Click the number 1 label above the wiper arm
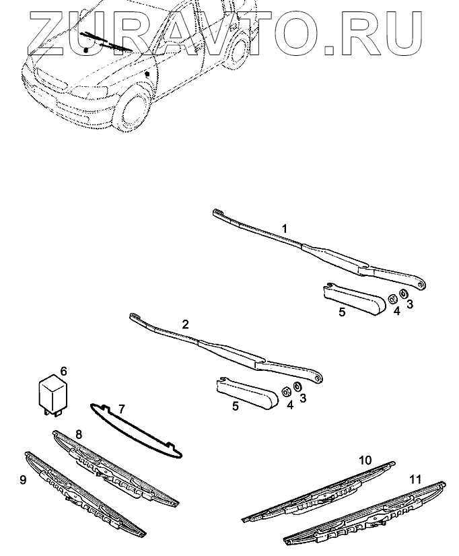(x=285, y=230)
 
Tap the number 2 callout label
(x=186, y=324)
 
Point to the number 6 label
(x=64, y=371)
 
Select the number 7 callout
(x=121, y=409)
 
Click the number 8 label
(x=79, y=434)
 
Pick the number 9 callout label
(x=24, y=481)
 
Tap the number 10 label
(x=365, y=460)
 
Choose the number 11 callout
(x=415, y=479)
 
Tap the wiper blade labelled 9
(x=84, y=495)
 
